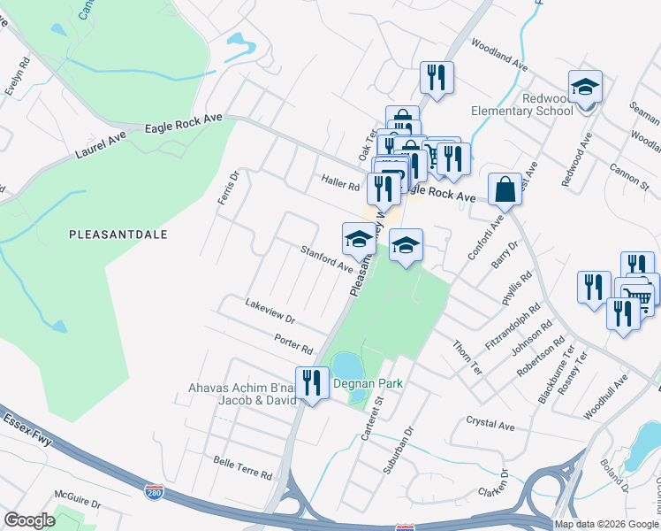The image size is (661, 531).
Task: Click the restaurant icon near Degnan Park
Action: pos(311,383)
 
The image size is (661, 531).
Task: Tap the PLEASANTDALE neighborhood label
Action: pos(118,235)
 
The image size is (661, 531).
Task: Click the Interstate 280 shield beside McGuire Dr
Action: pos(153,488)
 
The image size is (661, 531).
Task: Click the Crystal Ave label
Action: pos(490,426)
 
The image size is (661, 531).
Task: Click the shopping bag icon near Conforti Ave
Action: pos(504,189)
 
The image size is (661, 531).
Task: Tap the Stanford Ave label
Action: pos(325,258)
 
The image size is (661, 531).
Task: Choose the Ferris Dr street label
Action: pos(229,188)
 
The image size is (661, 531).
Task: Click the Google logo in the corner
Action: pos(29,521)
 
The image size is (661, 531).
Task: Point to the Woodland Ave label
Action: pos(498,54)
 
